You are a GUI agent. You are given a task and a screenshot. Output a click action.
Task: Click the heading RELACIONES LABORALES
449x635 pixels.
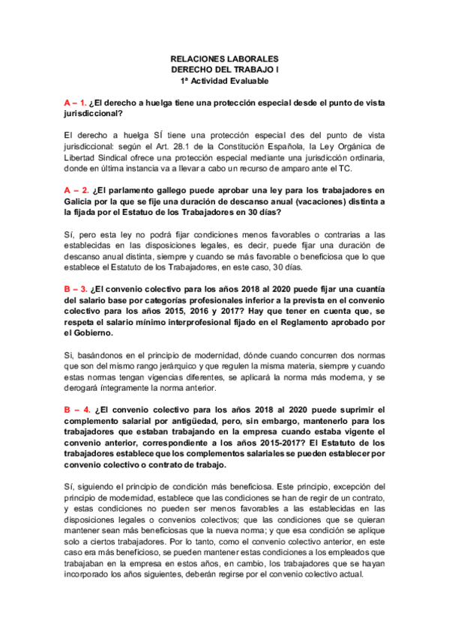[x=224, y=58]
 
